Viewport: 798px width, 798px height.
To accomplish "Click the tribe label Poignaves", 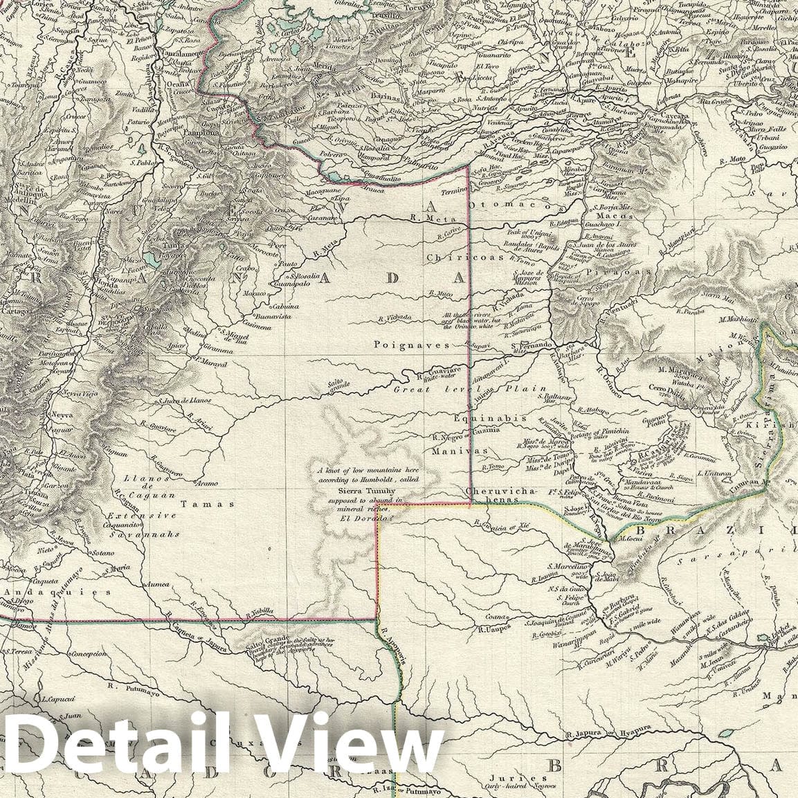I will pyautogui.click(x=402, y=344).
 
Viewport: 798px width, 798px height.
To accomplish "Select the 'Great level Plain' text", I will pyautogui.click(x=457, y=390).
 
